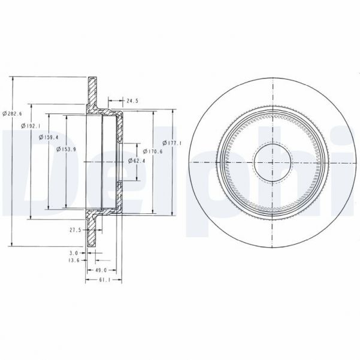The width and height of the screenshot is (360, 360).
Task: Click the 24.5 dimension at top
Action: click(132, 101)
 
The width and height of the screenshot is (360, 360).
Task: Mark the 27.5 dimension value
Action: click(75, 229)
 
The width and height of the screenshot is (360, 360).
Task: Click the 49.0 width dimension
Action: click(101, 271)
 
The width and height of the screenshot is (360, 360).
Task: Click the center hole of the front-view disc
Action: click(273, 161)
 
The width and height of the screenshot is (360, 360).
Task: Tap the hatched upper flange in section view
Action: click(93, 93)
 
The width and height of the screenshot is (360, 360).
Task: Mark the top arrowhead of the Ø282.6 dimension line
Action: click(12, 79)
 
